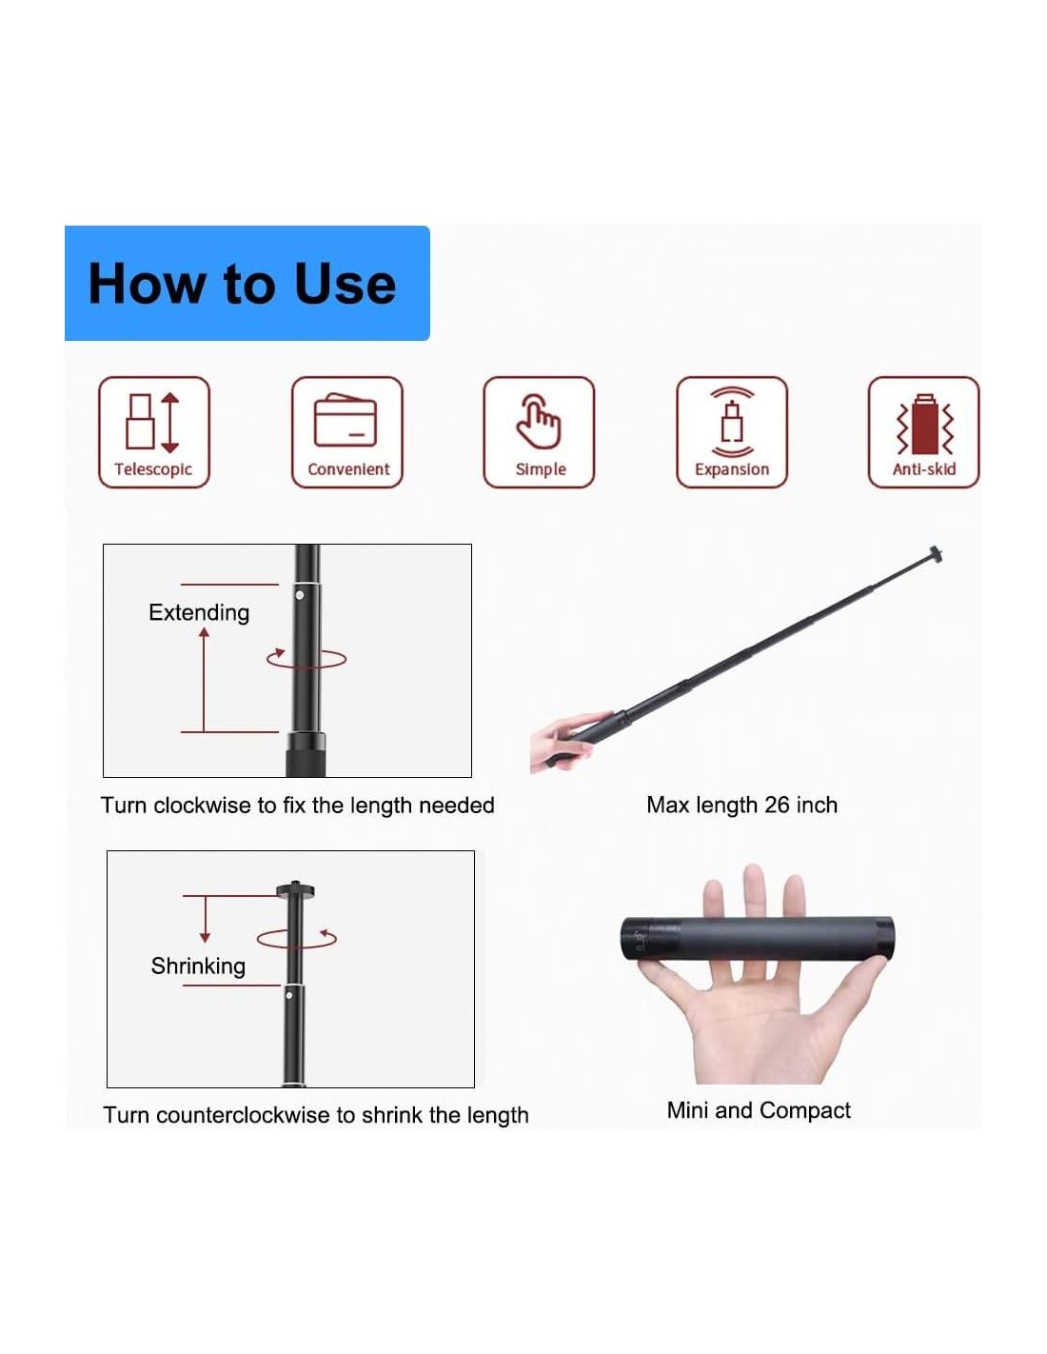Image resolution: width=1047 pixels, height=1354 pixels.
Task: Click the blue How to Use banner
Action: (247, 283)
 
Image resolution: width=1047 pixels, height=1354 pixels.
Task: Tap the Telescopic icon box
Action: (154, 431)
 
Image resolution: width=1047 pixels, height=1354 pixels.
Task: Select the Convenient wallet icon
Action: (346, 421)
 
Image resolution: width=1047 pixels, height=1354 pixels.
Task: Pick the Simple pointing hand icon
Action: (539, 421)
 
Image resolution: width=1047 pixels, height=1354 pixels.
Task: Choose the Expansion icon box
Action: (732, 431)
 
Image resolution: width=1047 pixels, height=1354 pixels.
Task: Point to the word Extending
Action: (199, 612)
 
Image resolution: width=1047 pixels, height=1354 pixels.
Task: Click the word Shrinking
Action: (198, 966)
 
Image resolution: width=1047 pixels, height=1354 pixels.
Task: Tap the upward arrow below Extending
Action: (204, 680)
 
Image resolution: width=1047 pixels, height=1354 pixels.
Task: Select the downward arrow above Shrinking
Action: (205, 919)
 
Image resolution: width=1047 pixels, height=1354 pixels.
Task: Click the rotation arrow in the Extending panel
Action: (306, 659)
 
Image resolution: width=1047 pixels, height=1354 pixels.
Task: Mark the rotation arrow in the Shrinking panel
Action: (296, 939)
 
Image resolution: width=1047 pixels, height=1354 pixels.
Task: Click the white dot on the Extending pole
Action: (300, 595)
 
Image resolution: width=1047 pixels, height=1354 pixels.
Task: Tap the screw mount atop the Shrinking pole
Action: (295, 888)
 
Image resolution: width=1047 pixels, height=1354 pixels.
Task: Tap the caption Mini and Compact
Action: (759, 1109)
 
